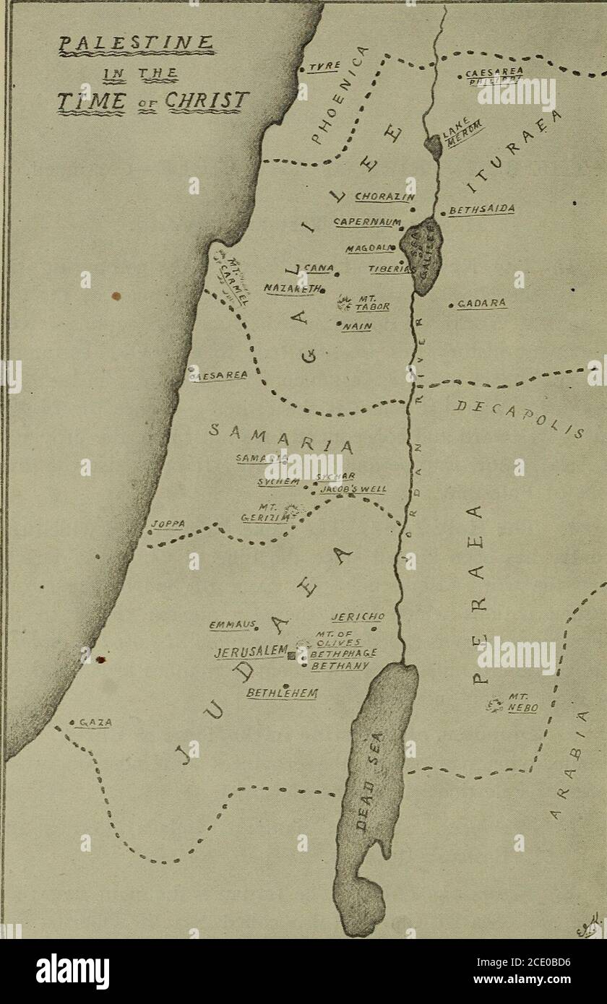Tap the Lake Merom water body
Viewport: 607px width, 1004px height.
[434, 147]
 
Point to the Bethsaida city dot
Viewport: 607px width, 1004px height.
[442, 215]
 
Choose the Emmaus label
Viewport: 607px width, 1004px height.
[225, 626]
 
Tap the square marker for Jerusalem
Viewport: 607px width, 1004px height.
[292, 656]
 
